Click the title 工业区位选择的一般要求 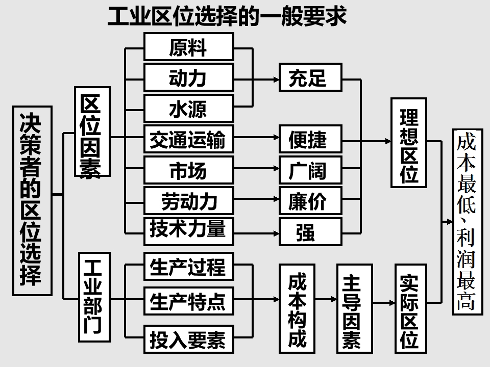pyautogui.click(x=227, y=16)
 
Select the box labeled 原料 pyautogui.click(x=188, y=47)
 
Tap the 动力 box pyautogui.click(x=188, y=78)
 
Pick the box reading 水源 pyautogui.click(x=188, y=108)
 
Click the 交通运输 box pyautogui.click(x=188, y=139)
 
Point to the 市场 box pyautogui.click(x=188, y=170)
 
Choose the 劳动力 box pyautogui.click(x=188, y=201)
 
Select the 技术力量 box pyautogui.click(x=188, y=230)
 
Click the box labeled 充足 pyautogui.click(x=310, y=78)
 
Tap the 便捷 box pyautogui.click(x=310, y=139)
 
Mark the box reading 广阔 pyautogui.click(x=310, y=170)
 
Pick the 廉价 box pyautogui.click(x=310, y=201)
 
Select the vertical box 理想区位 pyautogui.click(x=409, y=142)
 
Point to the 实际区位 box pyautogui.click(x=409, y=308)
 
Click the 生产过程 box pyautogui.click(x=188, y=266)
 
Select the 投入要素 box pyautogui.click(x=188, y=338)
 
